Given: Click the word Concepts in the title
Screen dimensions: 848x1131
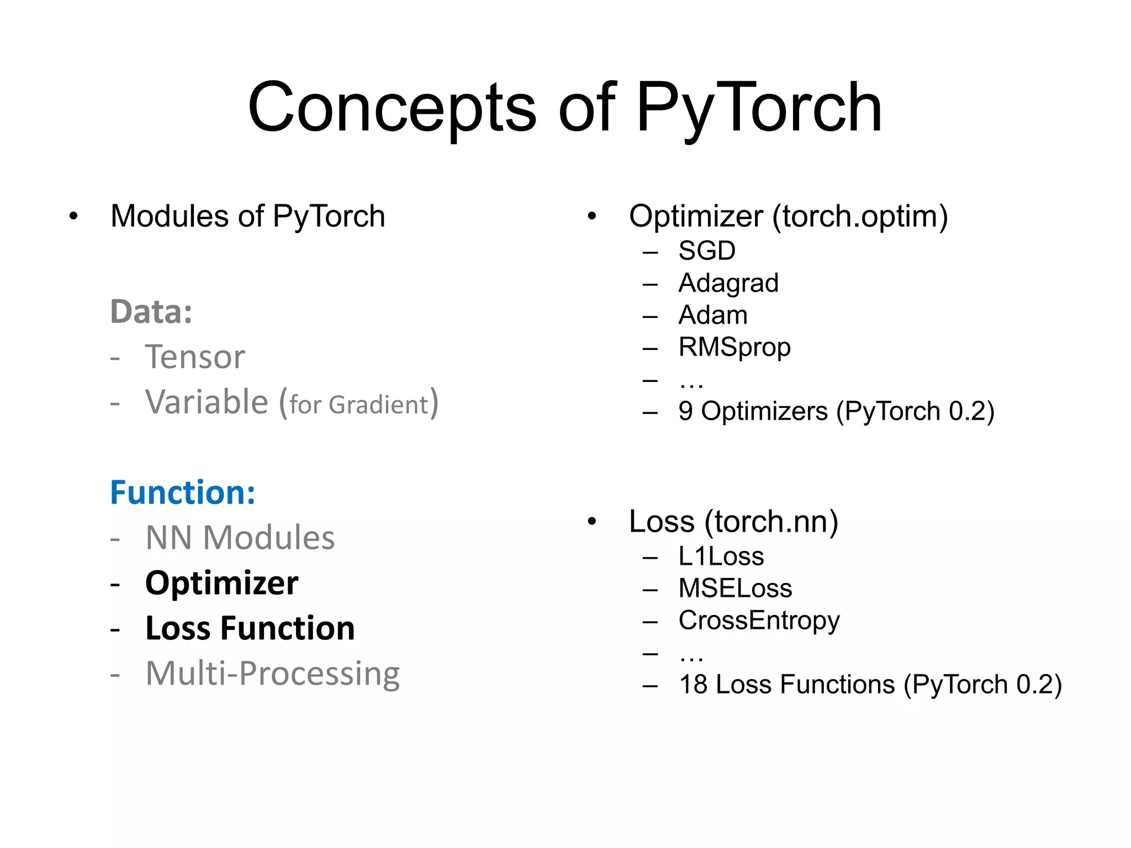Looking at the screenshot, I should pyautogui.click(x=392, y=108).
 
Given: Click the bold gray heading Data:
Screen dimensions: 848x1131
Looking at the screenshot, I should pyautogui.click(x=151, y=312).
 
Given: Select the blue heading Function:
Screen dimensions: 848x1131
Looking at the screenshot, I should pyautogui.click(x=182, y=492).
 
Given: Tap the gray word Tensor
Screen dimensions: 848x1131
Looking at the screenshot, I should pyautogui.click(x=194, y=357).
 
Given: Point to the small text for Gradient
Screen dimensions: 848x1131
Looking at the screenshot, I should pyautogui.click(x=359, y=405).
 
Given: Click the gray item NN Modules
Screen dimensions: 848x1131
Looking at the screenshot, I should pyautogui.click(x=240, y=538).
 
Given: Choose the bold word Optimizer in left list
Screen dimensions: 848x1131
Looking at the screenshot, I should pyautogui.click(x=221, y=583).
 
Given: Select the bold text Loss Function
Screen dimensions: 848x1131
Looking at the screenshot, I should pyautogui.click(x=250, y=628).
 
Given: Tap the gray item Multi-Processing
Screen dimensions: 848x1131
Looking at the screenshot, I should pyautogui.click(x=272, y=674).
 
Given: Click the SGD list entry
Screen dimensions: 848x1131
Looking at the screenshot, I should pyautogui.click(x=706, y=251).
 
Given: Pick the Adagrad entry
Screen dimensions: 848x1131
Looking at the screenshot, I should pyautogui.click(x=728, y=283).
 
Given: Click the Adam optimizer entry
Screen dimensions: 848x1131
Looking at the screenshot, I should pyautogui.click(x=712, y=315).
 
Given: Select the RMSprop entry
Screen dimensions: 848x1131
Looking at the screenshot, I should pyautogui.click(x=734, y=347).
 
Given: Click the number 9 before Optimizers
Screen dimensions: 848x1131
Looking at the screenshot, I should pyautogui.click(x=685, y=411).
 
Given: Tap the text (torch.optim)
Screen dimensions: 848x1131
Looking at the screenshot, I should pyautogui.click(x=860, y=216).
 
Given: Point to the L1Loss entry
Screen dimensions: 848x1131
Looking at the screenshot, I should pyautogui.click(x=721, y=556).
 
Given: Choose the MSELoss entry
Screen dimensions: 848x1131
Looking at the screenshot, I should pyautogui.click(x=734, y=589).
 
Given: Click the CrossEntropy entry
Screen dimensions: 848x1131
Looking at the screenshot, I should pyautogui.click(x=759, y=621).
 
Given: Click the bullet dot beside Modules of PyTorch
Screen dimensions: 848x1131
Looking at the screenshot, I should pyautogui.click(x=73, y=216).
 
